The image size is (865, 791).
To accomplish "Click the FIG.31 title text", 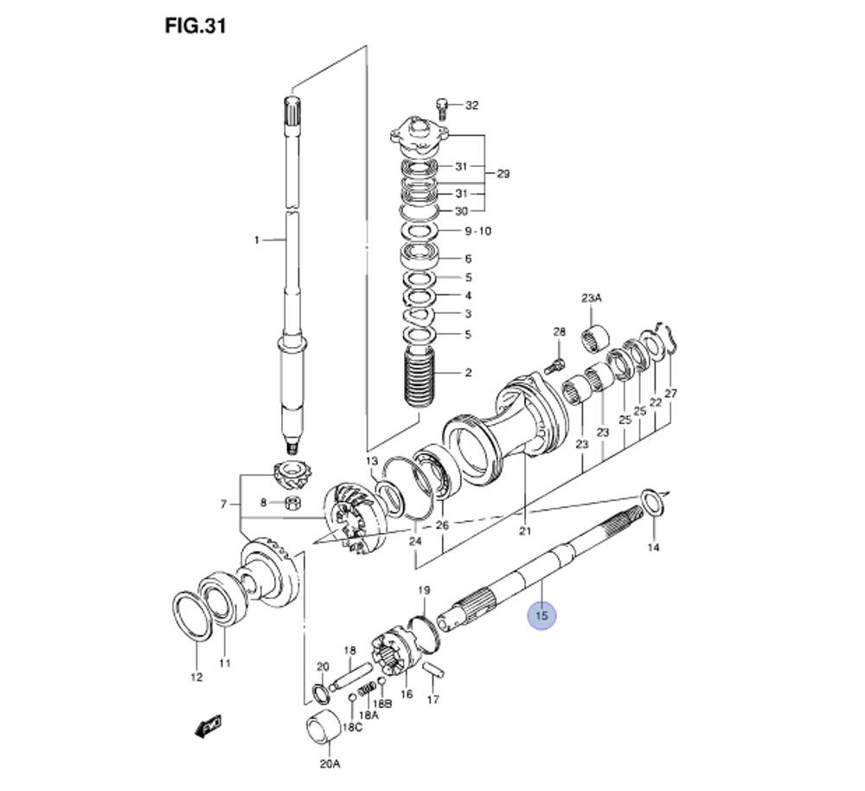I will point(195,27).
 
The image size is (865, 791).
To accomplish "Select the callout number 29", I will point(503,174).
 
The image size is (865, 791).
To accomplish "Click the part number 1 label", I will point(256,240).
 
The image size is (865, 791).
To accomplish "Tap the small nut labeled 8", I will point(292,503).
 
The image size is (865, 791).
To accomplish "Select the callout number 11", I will point(224,664).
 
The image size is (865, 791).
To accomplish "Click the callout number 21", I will point(524,531).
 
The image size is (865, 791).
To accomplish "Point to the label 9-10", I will point(477,231).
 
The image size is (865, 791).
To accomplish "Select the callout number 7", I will point(224,504).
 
